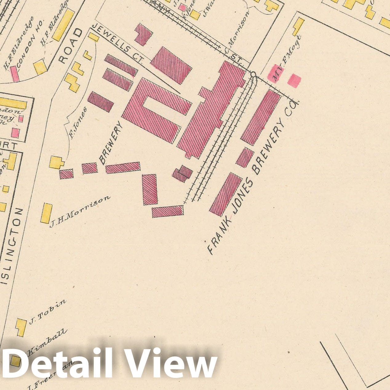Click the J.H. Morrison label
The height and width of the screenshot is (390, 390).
pyautogui.click(x=80, y=212)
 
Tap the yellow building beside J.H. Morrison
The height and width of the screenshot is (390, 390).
pyautogui.click(x=46, y=213)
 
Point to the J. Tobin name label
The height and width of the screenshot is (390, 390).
pyautogui.click(x=48, y=311)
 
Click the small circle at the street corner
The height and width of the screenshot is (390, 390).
pyautogui.click(x=253, y=74)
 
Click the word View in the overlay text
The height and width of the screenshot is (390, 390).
pyautogui.click(x=171, y=363)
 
